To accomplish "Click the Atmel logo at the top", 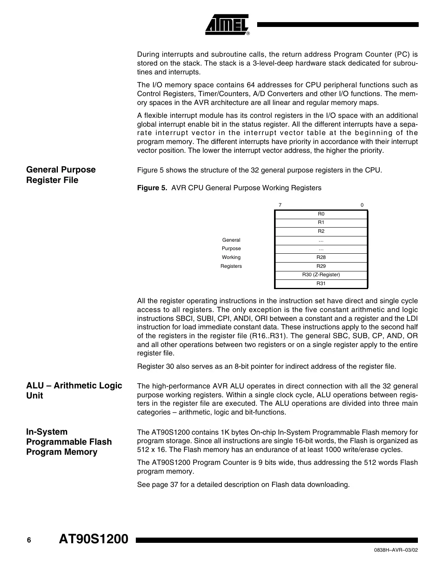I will click(227, 25).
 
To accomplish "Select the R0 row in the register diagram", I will click(321, 214).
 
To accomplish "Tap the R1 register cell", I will click(321, 222).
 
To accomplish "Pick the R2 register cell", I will click(321, 231).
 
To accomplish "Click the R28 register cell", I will click(321, 257).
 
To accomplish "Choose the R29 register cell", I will click(321, 266).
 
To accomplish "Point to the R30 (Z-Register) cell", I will click(321, 275).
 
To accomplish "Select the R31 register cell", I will click(321, 283).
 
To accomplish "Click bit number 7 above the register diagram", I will click(280, 205).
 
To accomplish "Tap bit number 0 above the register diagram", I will click(362, 205).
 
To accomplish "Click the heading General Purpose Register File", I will click(61, 175).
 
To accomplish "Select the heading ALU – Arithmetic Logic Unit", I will click(74, 390).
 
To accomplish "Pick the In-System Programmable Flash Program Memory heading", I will click(69, 442).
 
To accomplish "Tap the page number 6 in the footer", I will click(29, 540).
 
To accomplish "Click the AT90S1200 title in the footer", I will click(94, 539).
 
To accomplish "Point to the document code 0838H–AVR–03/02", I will click(393, 550).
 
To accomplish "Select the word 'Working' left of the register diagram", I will click(231, 257).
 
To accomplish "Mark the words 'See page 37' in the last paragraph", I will click(158, 485).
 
